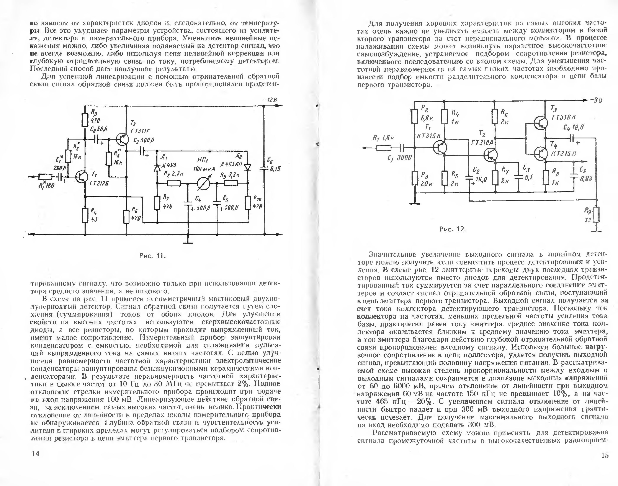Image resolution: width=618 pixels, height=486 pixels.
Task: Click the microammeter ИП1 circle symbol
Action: (204, 184)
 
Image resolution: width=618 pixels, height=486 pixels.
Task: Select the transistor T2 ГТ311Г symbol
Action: (122, 140)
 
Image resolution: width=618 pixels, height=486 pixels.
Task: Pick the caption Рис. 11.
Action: (152, 256)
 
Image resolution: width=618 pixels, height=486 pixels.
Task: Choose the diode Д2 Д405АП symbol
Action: (248, 167)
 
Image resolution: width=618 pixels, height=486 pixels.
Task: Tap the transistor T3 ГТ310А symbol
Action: (540, 123)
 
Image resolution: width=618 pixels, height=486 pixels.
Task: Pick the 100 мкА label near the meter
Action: (204, 169)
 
